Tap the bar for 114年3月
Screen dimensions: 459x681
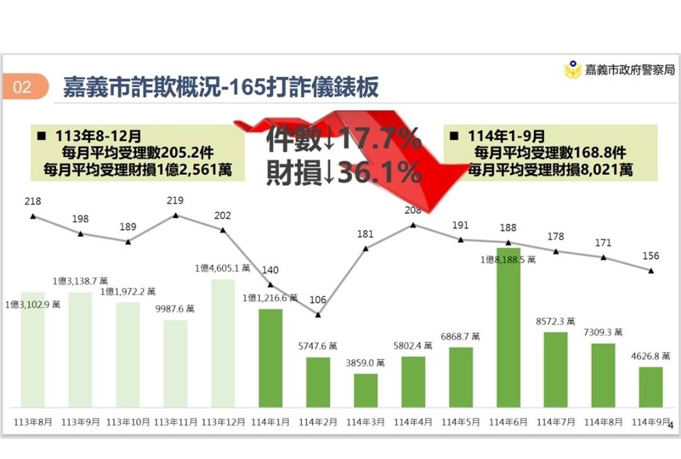pyautogui.click(x=366, y=390)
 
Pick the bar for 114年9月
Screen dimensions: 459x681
pyautogui.click(x=651, y=387)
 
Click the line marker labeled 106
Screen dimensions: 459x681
pyautogui.click(x=318, y=314)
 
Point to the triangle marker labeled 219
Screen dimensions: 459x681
pyautogui.click(x=176, y=215)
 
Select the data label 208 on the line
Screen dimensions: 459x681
pyautogui.click(x=412, y=211)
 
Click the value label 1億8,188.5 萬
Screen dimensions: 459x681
pyautogui.click(x=507, y=259)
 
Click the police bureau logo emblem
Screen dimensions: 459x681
pyautogui.click(x=573, y=70)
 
